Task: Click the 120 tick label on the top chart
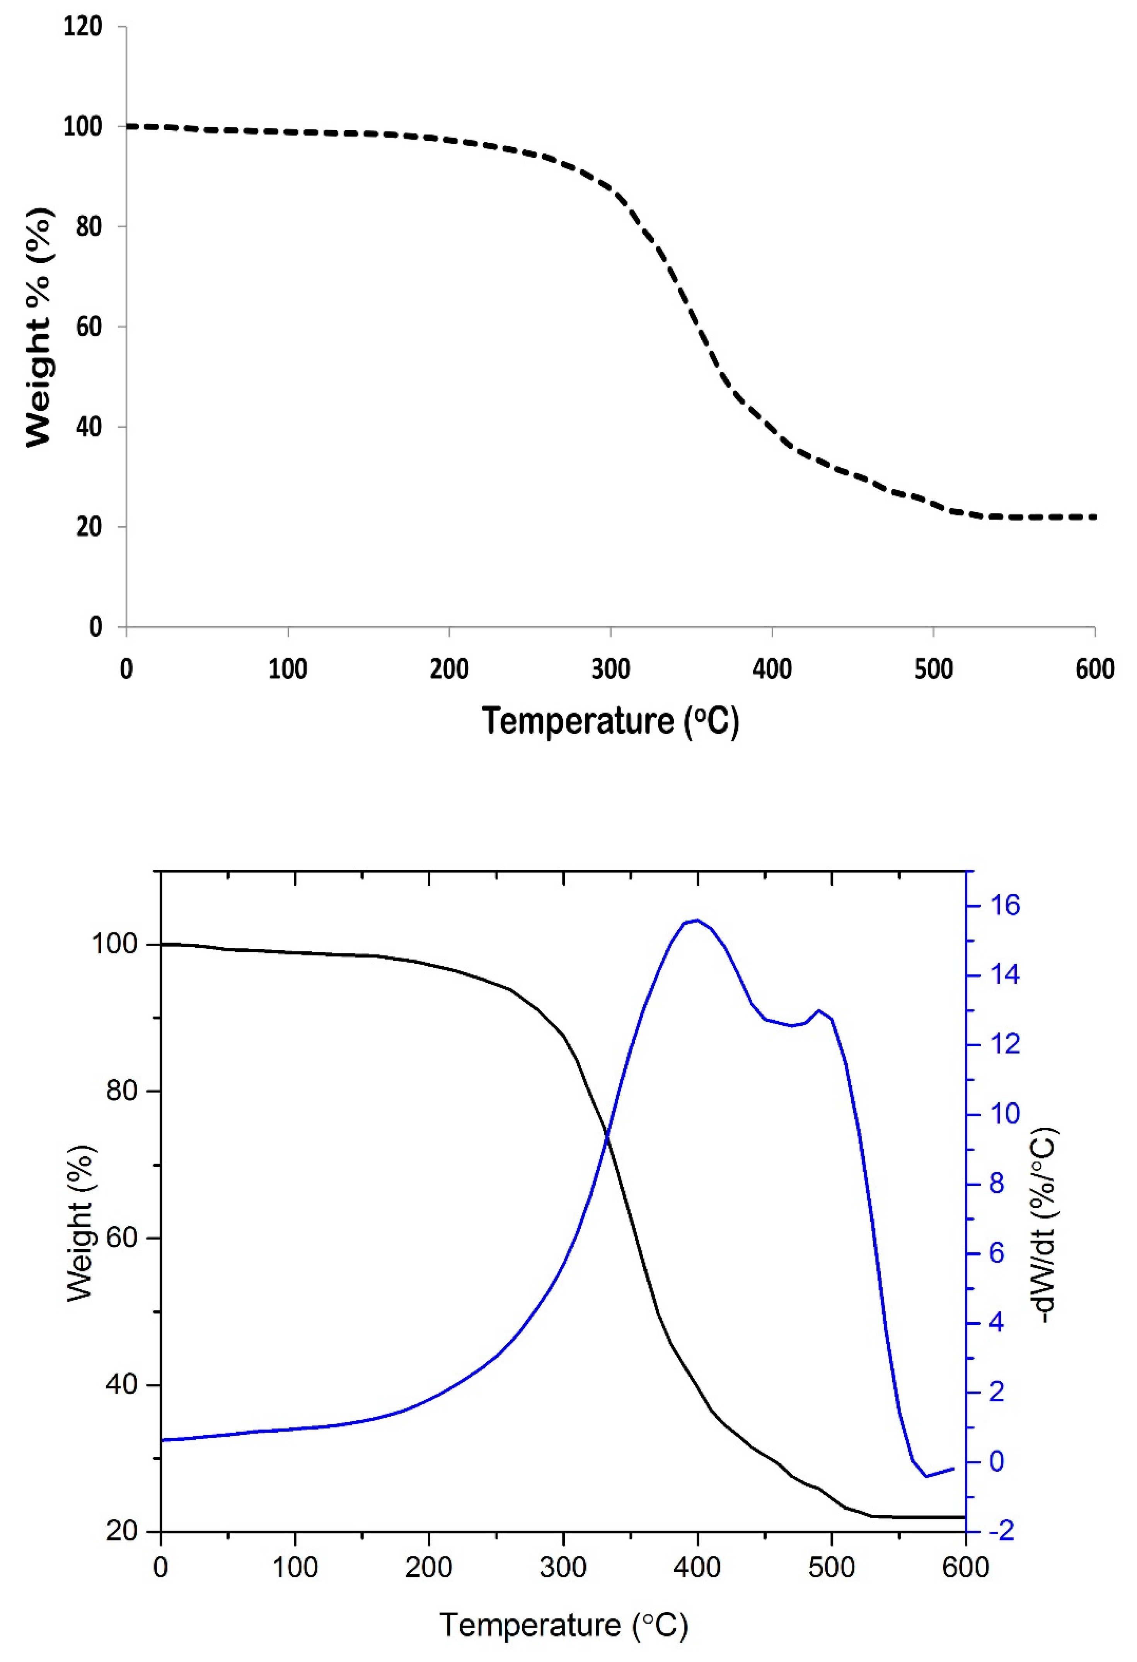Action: (83, 26)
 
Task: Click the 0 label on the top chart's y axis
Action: (95, 627)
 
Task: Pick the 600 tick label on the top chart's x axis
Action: (1094, 669)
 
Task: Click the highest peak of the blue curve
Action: (697, 920)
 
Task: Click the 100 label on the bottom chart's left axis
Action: (113, 945)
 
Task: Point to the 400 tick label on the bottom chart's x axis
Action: (697, 1568)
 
